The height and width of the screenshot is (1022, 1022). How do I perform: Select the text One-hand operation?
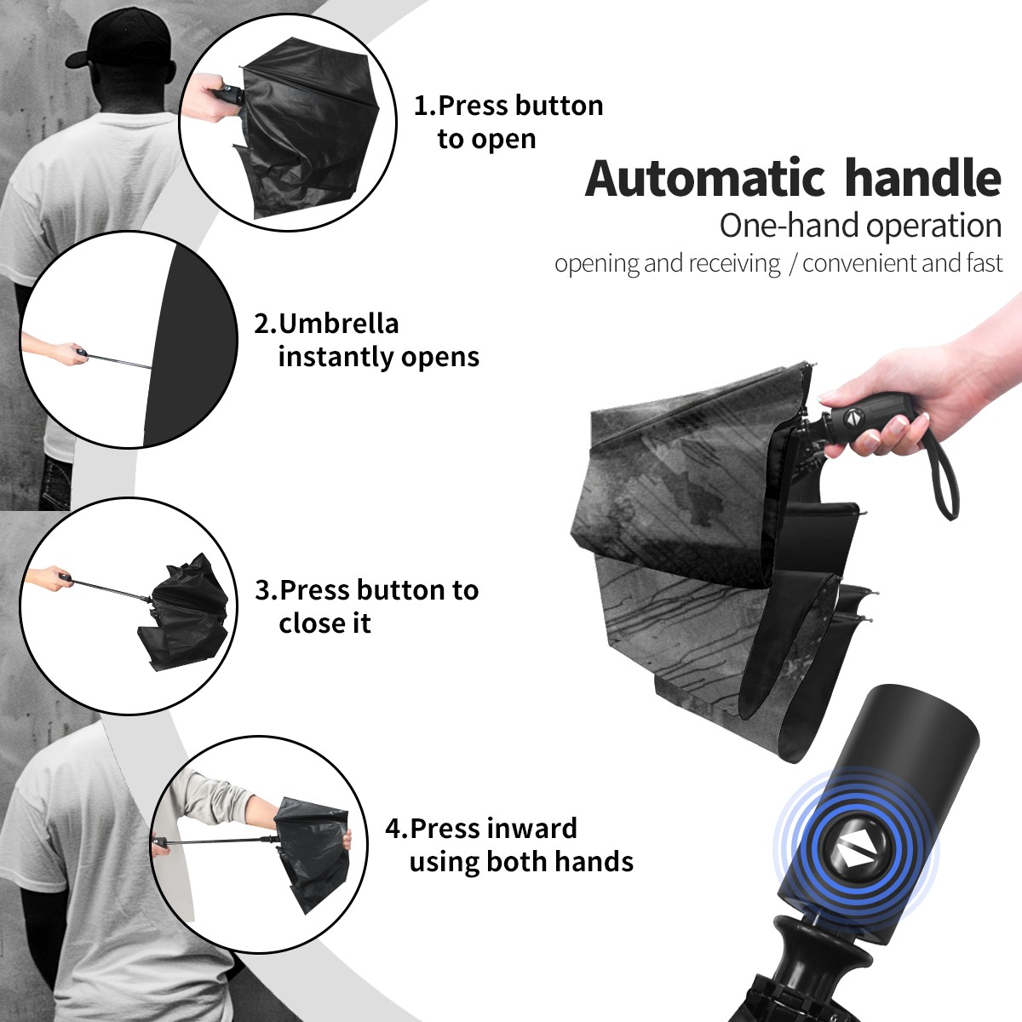click(x=860, y=227)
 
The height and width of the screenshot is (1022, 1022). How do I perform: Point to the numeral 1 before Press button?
click(x=422, y=106)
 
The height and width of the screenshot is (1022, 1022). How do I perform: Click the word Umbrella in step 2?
click(x=338, y=324)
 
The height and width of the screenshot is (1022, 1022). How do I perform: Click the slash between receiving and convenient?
click(x=792, y=264)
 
